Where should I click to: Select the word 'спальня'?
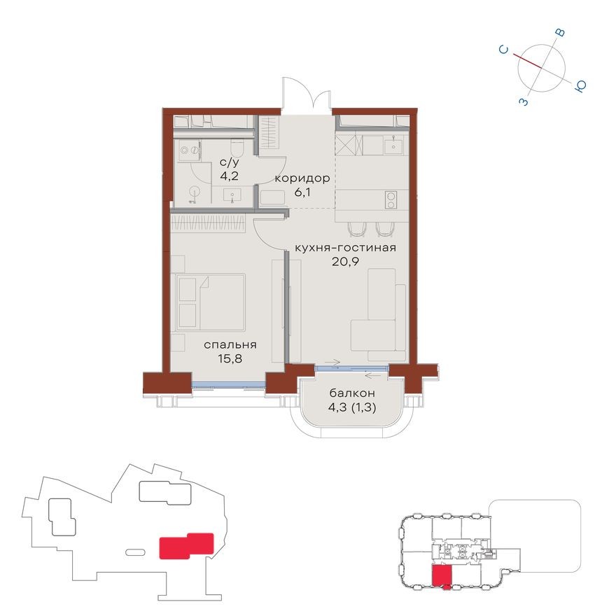coord(230,344)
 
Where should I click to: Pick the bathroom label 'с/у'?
coord(229,162)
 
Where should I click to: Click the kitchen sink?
coord(394,146)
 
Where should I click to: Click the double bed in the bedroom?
coord(211,302)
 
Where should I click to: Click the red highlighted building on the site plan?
coord(185,545)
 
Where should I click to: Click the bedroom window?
coord(228,383)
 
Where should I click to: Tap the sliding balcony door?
coord(351,367)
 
